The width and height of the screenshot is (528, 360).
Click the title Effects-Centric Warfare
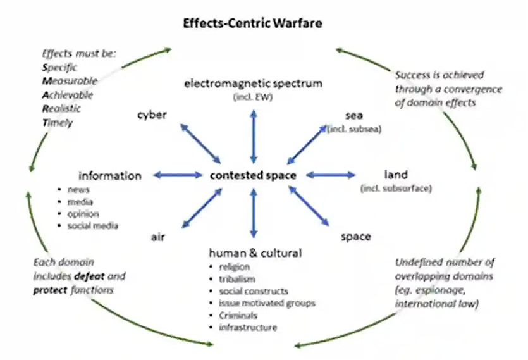point(253,24)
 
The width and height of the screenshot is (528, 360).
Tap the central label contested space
point(253,175)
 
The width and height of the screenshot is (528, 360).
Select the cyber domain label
point(152,115)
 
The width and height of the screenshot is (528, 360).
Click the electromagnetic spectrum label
point(253,83)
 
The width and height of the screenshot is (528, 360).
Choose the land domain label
point(396,175)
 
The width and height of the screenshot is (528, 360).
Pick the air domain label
point(158,237)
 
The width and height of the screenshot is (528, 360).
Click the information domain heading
point(109,175)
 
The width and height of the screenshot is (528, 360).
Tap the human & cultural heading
point(255,253)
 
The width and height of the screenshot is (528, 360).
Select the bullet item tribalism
point(238,279)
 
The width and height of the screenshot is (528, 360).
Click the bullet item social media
point(92,225)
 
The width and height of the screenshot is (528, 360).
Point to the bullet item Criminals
point(238,315)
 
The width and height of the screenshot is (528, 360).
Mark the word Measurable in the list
point(70,81)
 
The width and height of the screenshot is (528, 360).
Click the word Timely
point(58,123)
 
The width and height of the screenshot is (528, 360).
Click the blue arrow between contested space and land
point(331,175)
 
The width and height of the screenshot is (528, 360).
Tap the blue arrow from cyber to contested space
point(200,143)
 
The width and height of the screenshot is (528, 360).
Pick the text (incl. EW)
point(253,97)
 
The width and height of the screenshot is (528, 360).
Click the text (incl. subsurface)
point(396,188)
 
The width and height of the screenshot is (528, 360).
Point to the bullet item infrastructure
point(248,327)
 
